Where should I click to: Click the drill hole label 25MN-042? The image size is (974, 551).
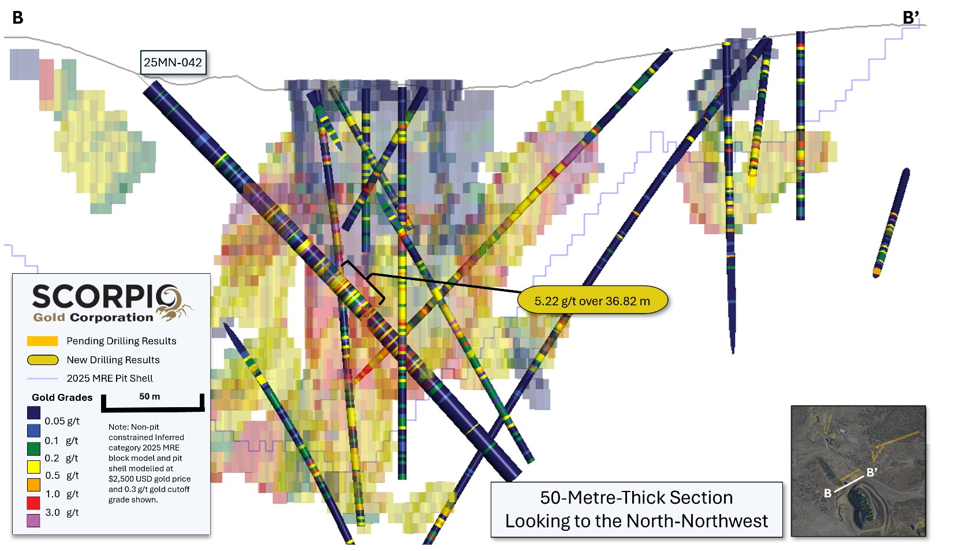[x=173, y=62]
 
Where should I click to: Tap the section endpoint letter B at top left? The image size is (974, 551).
[x=18, y=18]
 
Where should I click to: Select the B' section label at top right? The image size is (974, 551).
[x=910, y=18]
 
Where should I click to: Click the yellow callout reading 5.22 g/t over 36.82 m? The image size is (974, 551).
[x=592, y=301]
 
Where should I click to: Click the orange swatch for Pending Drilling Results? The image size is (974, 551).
[x=42, y=341]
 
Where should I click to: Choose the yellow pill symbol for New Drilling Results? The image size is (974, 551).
[x=43, y=360]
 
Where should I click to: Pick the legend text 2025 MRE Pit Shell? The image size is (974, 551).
[x=110, y=378]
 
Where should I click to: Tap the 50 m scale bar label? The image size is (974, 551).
[x=150, y=396]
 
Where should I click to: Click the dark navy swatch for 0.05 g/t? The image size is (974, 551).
[x=33, y=413]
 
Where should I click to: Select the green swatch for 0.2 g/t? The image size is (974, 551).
[x=33, y=449]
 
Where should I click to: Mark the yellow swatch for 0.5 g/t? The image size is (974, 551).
[x=33, y=467]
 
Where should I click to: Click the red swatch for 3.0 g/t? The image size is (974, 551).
[x=33, y=502]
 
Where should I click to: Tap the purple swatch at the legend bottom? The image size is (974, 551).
[x=33, y=520]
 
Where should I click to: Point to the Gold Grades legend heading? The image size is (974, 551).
[x=62, y=397]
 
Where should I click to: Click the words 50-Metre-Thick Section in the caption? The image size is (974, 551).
[x=636, y=497]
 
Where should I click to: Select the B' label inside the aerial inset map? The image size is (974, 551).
[x=872, y=472]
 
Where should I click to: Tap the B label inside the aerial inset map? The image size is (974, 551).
[x=827, y=493]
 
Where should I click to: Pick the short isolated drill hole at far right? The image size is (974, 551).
[x=891, y=222]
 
